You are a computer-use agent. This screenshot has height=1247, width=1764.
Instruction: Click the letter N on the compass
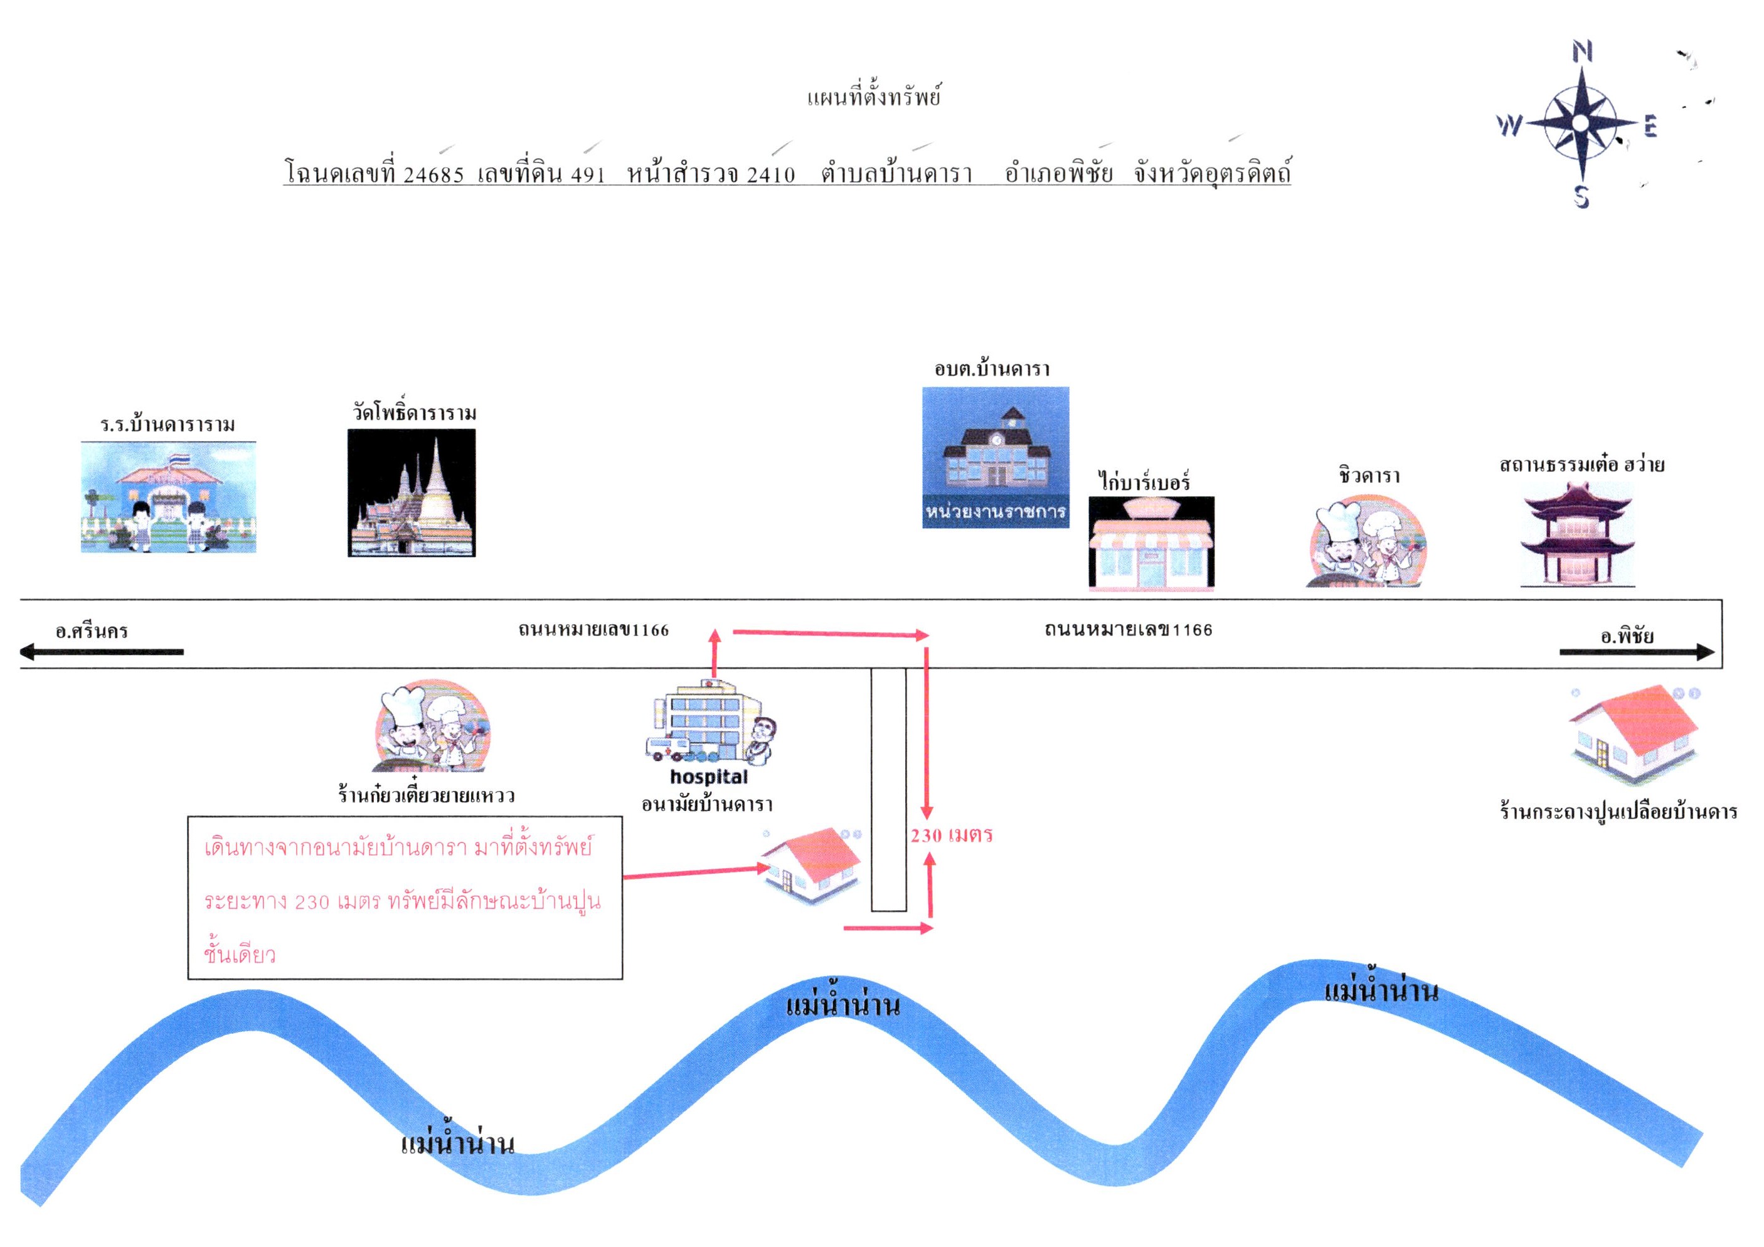coord(1581,51)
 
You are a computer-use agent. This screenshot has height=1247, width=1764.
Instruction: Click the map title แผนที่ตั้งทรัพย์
coord(874,98)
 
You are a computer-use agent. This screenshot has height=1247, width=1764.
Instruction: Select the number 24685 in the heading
coord(433,175)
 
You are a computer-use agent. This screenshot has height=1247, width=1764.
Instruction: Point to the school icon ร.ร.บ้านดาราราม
coord(168,497)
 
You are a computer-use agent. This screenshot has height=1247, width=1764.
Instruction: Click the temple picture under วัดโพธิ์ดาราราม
coord(412,492)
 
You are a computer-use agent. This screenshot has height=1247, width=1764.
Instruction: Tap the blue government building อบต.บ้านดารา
coord(996,457)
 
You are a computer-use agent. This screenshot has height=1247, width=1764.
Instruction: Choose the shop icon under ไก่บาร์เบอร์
coord(1151,543)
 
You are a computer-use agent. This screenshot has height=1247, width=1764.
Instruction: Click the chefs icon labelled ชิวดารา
coord(1367,541)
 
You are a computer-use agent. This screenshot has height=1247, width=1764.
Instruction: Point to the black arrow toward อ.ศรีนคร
coord(102,652)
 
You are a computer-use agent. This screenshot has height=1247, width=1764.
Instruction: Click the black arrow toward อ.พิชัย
coord(1637,652)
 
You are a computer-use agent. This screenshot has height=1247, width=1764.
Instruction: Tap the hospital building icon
coord(711,722)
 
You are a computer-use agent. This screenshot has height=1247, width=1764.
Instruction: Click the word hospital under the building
coord(708,777)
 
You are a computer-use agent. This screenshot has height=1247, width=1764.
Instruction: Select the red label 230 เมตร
coord(952,835)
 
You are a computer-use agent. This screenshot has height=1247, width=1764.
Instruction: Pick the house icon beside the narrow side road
coord(810,864)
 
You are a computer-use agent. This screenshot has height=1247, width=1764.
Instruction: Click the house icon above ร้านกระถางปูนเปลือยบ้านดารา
coord(1634,732)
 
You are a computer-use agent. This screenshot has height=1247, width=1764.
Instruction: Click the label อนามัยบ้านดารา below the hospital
coord(707,804)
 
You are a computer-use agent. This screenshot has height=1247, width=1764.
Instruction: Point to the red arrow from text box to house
coord(696,872)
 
